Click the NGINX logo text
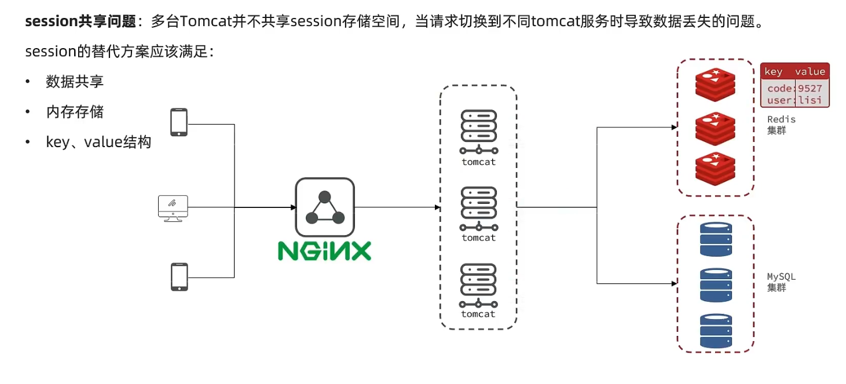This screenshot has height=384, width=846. (324, 251)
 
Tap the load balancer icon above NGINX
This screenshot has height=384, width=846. (324, 207)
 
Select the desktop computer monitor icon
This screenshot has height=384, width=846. (173, 207)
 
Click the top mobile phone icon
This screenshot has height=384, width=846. (178, 122)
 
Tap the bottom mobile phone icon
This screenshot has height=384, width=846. (178, 277)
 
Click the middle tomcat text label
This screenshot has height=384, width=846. (478, 237)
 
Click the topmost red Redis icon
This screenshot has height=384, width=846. (715, 84)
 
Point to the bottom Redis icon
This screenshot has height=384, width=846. (715, 169)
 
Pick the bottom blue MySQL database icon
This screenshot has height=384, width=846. (716, 331)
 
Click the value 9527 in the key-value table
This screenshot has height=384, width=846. (810, 89)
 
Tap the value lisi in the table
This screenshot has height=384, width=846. (810, 100)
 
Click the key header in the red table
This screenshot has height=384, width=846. (773, 72)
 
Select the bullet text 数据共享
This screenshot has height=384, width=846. (75, 82)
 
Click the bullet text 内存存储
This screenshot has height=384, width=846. (75, 112)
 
